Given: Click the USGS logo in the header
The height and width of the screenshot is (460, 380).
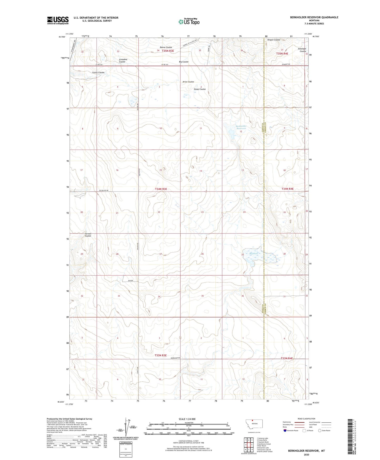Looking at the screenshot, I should (x=58, y=20).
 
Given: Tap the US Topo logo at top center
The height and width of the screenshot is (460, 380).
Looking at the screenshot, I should (x=189, y=22).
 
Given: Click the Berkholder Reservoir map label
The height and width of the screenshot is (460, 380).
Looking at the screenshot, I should (x=241, y=127).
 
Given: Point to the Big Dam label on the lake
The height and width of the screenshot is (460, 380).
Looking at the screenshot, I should (x=250, y=253).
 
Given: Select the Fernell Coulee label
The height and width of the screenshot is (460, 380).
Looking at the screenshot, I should (x=88, y=235).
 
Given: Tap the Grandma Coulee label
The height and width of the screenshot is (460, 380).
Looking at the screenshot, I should (x=123, y=61).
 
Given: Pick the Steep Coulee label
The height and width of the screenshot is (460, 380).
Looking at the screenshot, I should (x=200, y=89).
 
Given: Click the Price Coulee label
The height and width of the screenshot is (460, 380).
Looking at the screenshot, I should (x=188, y=82).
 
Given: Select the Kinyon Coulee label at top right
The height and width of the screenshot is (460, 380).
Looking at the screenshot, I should (x=274, y=40).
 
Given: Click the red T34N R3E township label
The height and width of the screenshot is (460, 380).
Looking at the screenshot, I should (x=161, y=189).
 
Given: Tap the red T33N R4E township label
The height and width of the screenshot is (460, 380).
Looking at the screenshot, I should (x=287, y=358).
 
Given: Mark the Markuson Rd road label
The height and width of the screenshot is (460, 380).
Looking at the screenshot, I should (x=175, y=358).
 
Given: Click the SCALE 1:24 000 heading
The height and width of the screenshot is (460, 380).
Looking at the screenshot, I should (x=187, y=419).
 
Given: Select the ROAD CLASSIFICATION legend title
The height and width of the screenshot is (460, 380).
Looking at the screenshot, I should (x=306, y=419).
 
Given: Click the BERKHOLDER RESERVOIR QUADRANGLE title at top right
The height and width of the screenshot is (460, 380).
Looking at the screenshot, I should (x=314, y=17).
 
